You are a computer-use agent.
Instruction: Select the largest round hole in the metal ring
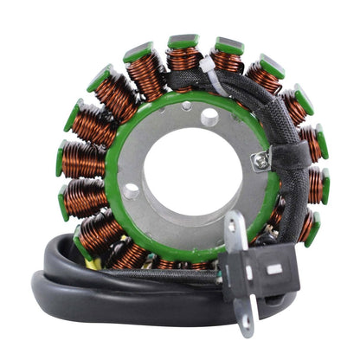[210, 116]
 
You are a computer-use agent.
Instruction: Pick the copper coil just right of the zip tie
[227, 62]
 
